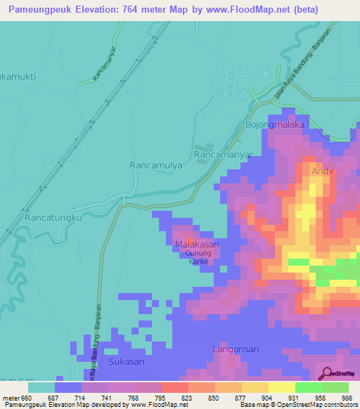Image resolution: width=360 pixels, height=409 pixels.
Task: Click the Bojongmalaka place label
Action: click(274, 124)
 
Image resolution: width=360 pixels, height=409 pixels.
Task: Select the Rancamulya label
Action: click(156, 164)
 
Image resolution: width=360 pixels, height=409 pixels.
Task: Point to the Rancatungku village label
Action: click(53, 219)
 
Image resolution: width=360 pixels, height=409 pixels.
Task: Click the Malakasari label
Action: click(197, 244)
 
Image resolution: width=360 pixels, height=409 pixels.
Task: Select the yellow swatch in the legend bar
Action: click(281, 387)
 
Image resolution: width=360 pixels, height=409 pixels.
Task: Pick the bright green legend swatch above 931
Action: click(308, 387)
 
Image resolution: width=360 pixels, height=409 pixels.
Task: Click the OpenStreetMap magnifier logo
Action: click(326, 373)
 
